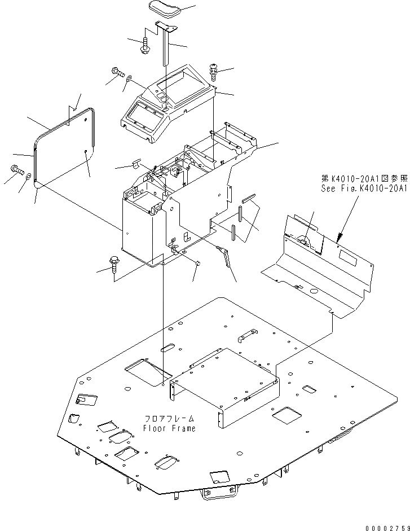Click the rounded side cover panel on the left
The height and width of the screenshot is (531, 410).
point(63,146)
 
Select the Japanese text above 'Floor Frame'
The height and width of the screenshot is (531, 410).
point(169,419)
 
